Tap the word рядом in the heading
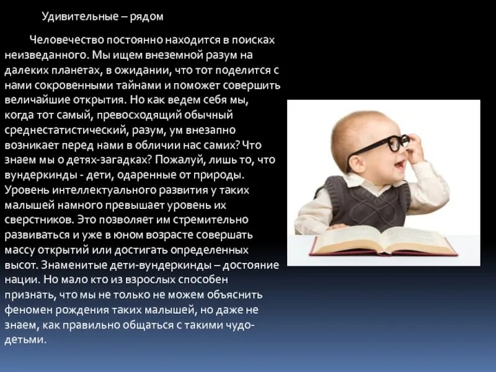point(146,16)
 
